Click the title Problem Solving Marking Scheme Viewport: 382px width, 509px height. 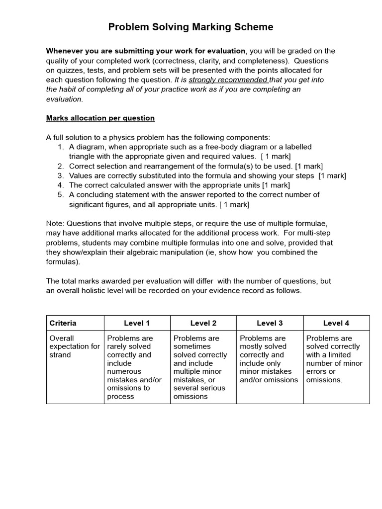point(191,27)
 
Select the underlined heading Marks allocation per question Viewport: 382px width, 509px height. point(100,118)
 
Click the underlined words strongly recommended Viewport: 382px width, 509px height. point(228,80)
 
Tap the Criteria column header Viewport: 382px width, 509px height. point(63,323)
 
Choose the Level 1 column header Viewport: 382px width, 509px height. point(137,323)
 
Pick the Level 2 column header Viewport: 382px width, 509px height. point(203,323)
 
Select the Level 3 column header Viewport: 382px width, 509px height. point(270,323)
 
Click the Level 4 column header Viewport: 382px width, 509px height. point(336,323)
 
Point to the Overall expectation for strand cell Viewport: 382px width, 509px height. point(75,346)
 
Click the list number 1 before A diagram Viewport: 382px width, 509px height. point(61,147)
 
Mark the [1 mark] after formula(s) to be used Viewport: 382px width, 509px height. point(309,166)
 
